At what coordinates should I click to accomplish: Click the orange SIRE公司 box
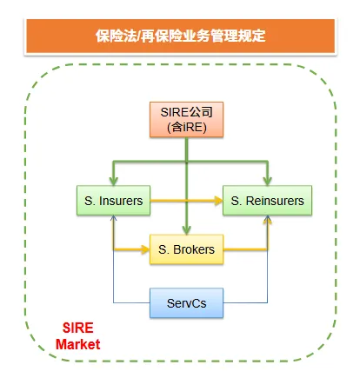(x=186, y=120)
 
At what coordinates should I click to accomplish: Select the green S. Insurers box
(x=113, y=202)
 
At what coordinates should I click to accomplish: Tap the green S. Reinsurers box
(x=267, y=202)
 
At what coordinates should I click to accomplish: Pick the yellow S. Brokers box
(x=186, y=250)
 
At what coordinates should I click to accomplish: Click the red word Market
(x=78, y=345)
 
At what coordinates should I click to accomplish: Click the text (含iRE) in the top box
(x=186, y=128)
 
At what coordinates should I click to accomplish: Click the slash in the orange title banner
(x=137, y=36)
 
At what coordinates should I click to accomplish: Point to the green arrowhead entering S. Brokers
(x=186, y=229)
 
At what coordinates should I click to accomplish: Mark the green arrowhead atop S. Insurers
(x=113, y=181)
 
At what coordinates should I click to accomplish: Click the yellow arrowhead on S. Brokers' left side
(x=145, y=250)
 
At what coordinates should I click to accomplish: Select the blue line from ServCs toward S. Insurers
(x=114, y=278)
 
